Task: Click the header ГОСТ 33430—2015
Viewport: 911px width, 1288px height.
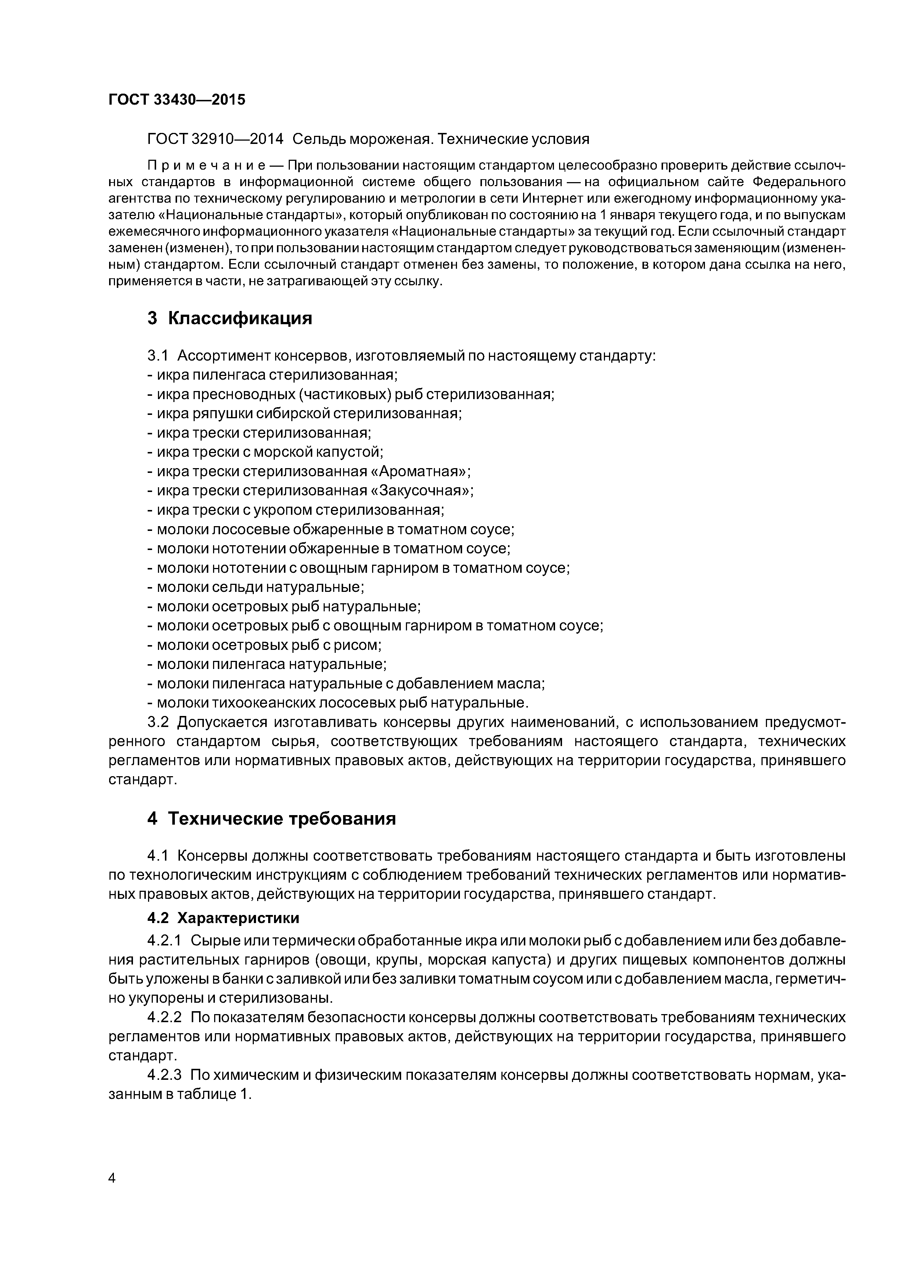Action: tap(177, 100)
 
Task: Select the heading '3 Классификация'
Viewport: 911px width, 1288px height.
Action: tap(229, 319)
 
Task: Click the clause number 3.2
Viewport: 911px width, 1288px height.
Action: tap(158, 723)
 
